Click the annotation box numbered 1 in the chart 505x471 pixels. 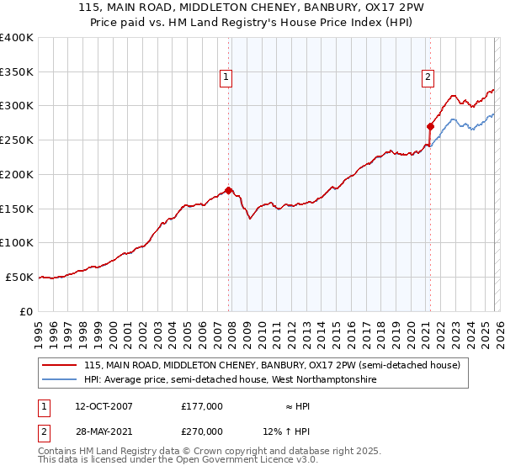coord(226,77)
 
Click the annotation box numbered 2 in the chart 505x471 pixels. coord(428,77)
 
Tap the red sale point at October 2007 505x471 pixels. coord(228,190)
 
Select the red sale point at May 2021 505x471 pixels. coord(430,127)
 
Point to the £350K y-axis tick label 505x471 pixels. coord(17,71)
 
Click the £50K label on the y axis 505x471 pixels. coord(19,277)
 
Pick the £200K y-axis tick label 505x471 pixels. coord(17,174)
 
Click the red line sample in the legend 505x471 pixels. coord(60,366)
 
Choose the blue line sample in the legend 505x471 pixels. coord(60,380)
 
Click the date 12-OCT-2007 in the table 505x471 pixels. coord(104,406)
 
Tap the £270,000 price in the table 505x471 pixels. coord(202,431)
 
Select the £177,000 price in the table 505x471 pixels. coord(202,406)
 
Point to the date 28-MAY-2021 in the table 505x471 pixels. coord(104,431)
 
